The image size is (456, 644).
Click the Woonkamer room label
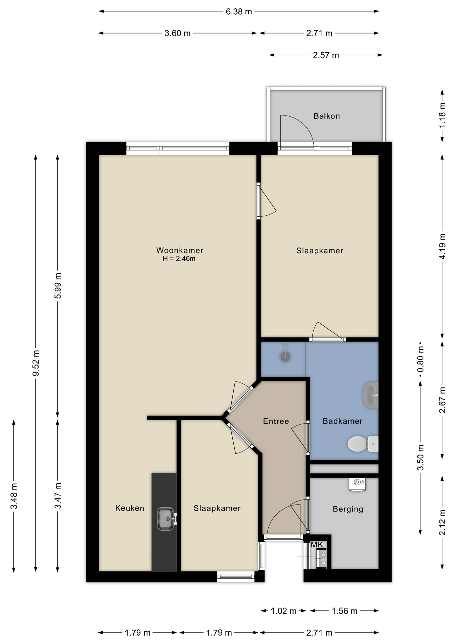[x=180, y=250]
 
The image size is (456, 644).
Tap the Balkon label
[x=327, y=116]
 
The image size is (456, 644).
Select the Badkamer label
[x=343, y=421]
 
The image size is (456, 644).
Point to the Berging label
[x=348, y=509]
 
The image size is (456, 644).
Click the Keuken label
[x=130, y=508]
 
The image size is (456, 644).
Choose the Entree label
[x=276, y=421]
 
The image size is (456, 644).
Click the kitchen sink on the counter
[x=166, y=519]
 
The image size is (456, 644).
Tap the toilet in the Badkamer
[x=363, y=444]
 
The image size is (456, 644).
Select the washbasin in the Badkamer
[x=371, y=395]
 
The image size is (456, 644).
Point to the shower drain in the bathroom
[x=285, y=357]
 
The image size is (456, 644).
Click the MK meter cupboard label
[x=317, y=545]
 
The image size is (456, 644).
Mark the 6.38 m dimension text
[x=239, y=12]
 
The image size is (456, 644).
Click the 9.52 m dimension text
[x=36, y=363]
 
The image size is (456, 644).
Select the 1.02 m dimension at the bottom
[x=284, y=611]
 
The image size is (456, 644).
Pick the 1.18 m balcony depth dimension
[x=443, y=115]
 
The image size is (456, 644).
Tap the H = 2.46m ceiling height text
[x=179, y=259]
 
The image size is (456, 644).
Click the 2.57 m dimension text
[x=326, y=55]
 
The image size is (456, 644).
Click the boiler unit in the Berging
[x=357, y=484]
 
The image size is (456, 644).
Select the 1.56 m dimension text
[x=345, y=611]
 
